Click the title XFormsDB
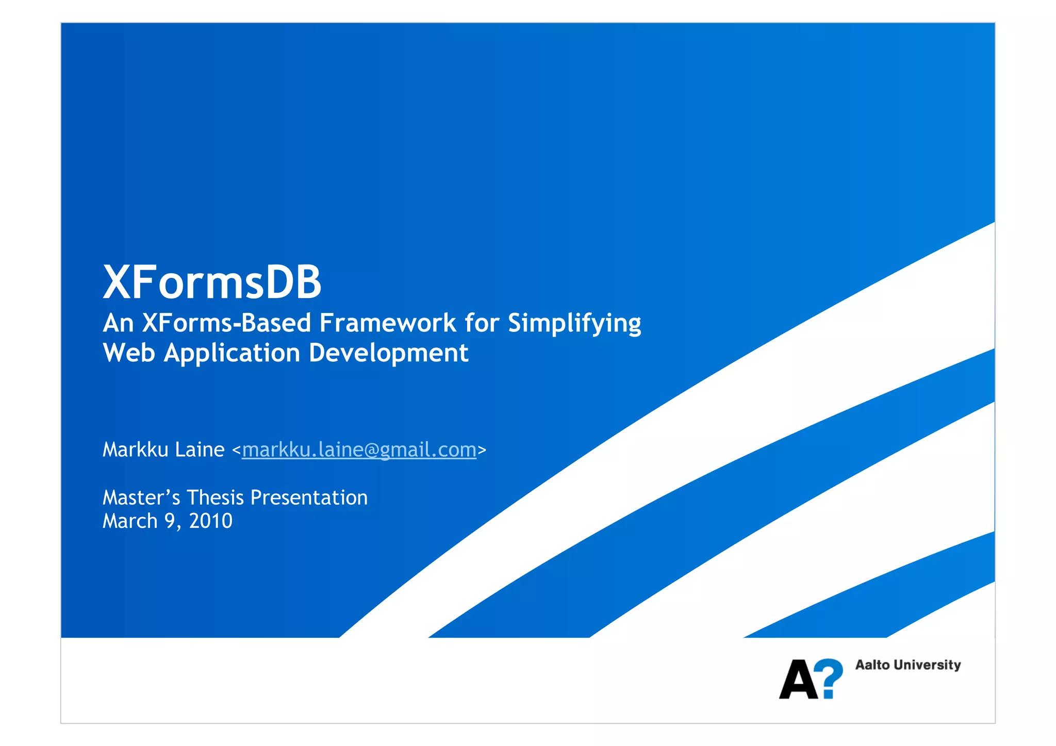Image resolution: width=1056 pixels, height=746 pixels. click(x=212, y=282)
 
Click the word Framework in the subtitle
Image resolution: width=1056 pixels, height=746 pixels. click(x=388, y=323)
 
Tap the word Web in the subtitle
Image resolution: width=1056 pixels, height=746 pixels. click(x=128, y=353)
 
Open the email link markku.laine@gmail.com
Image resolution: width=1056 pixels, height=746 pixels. click(x=359, y=450)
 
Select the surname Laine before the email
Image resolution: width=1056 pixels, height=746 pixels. click(x=199, y=450)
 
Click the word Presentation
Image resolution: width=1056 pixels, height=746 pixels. click(x=309, y=498)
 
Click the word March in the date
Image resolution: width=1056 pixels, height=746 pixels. click(x=130, y=521)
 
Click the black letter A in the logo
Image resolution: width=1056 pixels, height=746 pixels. click(x=798, y=679)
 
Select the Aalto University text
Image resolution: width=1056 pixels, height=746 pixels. click(x=907, y=665)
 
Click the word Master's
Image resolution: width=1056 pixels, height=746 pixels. click(x=141, y=498)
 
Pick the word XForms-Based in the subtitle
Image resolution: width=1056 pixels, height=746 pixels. click(x=226, y=323)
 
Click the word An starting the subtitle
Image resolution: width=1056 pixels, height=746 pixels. click(x=118, y=323)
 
